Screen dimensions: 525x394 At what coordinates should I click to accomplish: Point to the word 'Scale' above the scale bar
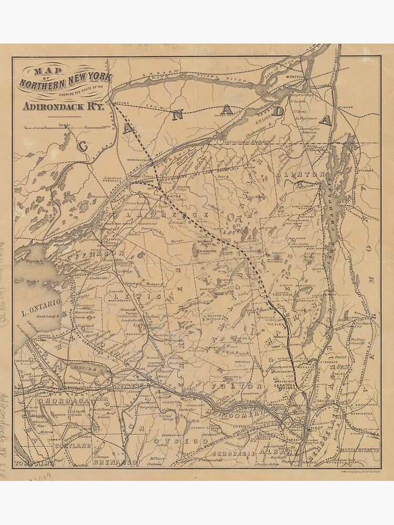[x=65, y=123]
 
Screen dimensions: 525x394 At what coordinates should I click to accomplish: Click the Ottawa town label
[x=121, y=102]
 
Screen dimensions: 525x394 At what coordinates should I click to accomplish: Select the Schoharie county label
[x=234, y=453]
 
